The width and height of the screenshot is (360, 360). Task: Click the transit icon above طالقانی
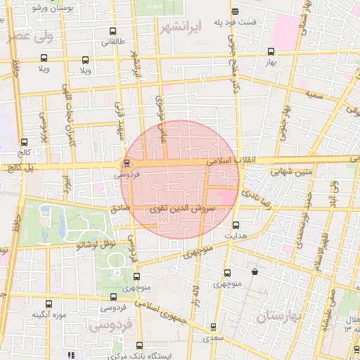[x=114, y=32]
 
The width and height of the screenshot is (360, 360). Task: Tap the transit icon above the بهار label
[x=271, y=51]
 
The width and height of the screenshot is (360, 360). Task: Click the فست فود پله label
[x=235, y=22]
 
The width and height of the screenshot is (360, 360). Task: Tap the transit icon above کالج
[x=25, y=141]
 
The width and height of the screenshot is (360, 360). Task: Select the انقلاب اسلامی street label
[x=233, y=161]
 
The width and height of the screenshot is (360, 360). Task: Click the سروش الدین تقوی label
[x=176, y=210]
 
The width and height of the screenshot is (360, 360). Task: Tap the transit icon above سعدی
[x=214, y=327]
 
